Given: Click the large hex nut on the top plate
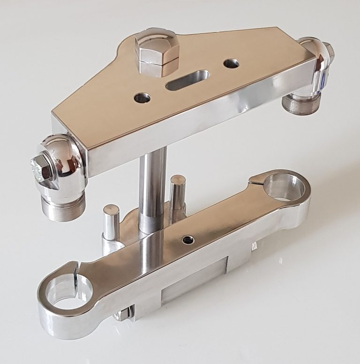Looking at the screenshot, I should point(157,53).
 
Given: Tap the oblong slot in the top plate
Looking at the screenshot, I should point(187,80).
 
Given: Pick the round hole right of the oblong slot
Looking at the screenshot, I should point(231,63).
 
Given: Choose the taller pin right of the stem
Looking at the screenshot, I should point(178,192).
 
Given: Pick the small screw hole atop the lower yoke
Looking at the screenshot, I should point(187,240).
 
